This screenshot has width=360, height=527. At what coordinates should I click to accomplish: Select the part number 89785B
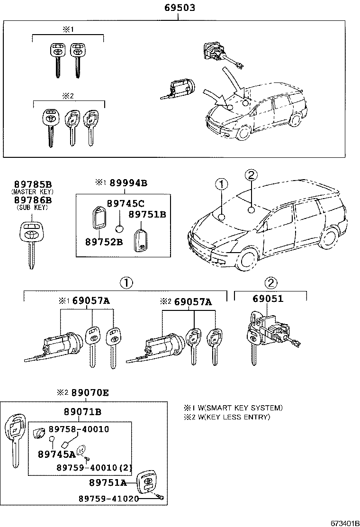click(33, 184)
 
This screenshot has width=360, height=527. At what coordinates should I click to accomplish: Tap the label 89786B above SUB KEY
click(33, 200)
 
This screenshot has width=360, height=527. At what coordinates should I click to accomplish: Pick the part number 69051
click(268, 299)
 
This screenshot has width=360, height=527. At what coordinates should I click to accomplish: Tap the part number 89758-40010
click(79, 429)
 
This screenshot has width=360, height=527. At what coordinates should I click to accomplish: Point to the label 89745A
click(57, 454)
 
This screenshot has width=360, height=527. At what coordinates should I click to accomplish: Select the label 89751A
click(108, 482)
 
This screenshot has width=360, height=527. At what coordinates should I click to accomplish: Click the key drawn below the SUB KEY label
click(32, 242)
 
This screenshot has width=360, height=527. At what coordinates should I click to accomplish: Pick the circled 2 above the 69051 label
click(270, 283)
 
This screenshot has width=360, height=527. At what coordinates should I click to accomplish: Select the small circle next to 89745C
click(120, 229)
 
